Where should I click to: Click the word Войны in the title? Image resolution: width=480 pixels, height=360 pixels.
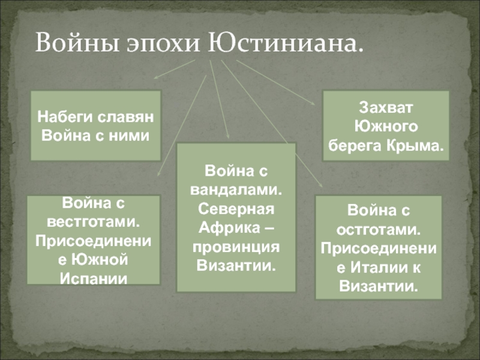pyautogui.click(x=77, y=42)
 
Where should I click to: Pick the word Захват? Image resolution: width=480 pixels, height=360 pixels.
pyautogui.click(x=386, y=108)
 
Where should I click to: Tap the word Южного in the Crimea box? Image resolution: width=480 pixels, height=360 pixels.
pyautogui.click(x=386, y=127)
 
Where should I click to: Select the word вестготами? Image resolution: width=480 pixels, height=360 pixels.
pyautogui.click(x=94, y=222)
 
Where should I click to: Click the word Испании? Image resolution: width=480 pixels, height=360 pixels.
pyautogui.click(x=94, y=278)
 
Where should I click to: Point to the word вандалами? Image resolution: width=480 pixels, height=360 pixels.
pyautogui.click(x=236, y=190)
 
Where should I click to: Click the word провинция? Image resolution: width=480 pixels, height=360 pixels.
pyautogui.click(x=236, y=247)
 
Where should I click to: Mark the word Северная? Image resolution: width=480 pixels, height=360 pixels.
pyautogui.click(x=236, y=209)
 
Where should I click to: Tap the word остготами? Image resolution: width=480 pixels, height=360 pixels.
pyautogui.click(x=379, y=230)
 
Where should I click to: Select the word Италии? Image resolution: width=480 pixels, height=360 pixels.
pyautogui.click(x=379, y=267)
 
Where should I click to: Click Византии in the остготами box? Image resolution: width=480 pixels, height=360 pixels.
pyautogui.click(x=379, y=286)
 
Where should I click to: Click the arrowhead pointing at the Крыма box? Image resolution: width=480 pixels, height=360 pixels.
pyautogui.click(x=312, y=103)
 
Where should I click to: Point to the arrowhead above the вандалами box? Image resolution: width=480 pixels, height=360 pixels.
pyautogui.click(x=227, y=137)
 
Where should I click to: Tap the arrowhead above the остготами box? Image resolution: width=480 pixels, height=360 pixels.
pyautogui.click(x=320, y=185)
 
